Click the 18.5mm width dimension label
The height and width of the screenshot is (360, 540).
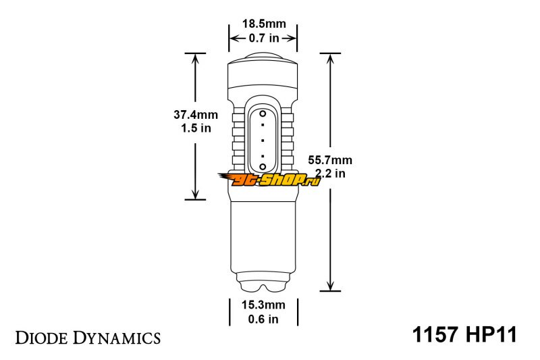coord(264,24)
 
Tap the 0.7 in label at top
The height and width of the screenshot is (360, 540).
coord(264,38)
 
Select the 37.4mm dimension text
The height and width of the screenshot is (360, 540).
coord(196,114)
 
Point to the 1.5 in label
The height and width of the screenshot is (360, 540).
coord(196,128)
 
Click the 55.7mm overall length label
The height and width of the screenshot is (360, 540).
coord(330,160)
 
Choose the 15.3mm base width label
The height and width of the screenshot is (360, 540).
coord(263,305)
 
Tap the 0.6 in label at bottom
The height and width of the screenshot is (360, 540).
coord(263,319)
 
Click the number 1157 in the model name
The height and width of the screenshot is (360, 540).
coord(435,334)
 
